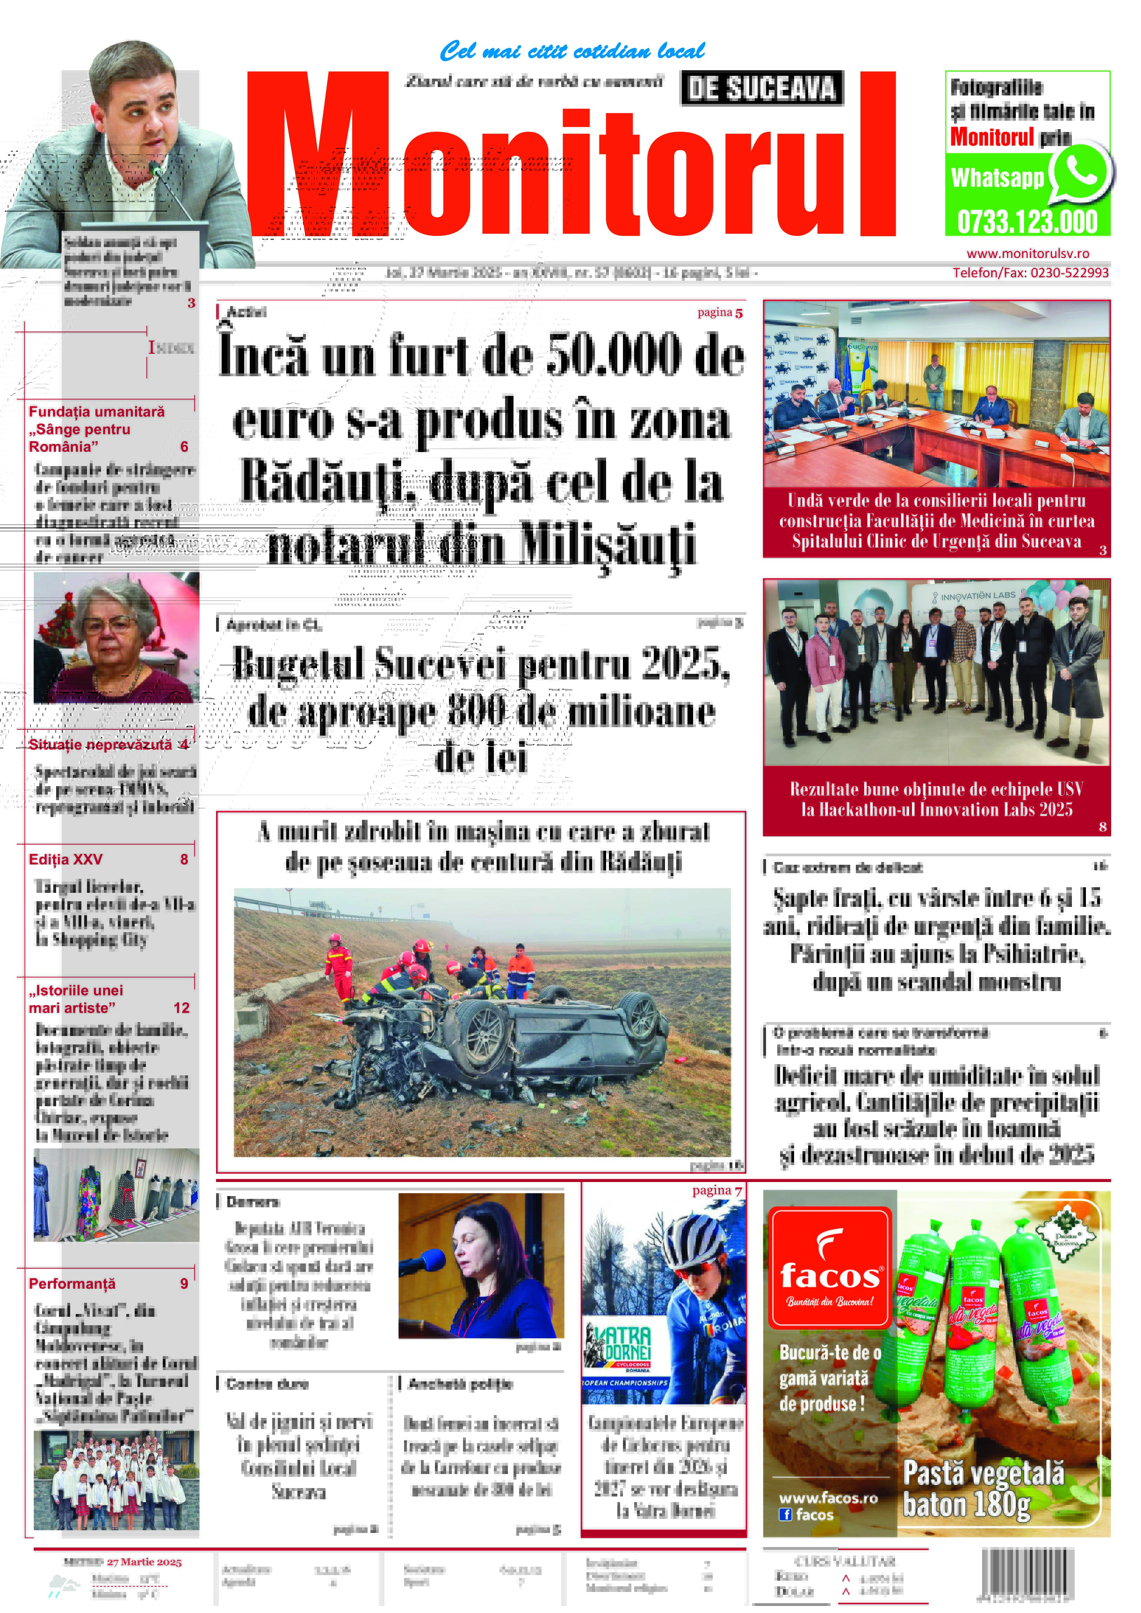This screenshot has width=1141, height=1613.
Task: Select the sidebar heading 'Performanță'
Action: tap(72, 1283)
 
